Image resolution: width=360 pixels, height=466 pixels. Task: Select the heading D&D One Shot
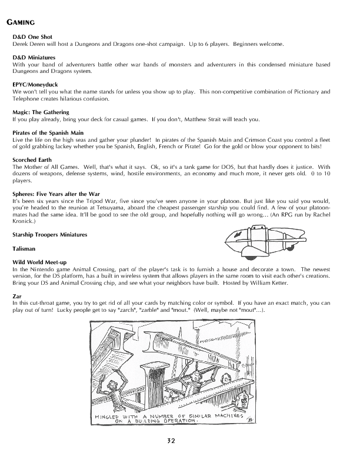[x=32, y=36]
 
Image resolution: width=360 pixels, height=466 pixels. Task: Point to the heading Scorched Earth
[x=32, y=160]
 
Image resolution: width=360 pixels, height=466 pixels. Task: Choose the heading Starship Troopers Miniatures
[x=49, y=235]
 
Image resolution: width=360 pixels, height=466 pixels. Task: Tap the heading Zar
[x=16, y=295]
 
